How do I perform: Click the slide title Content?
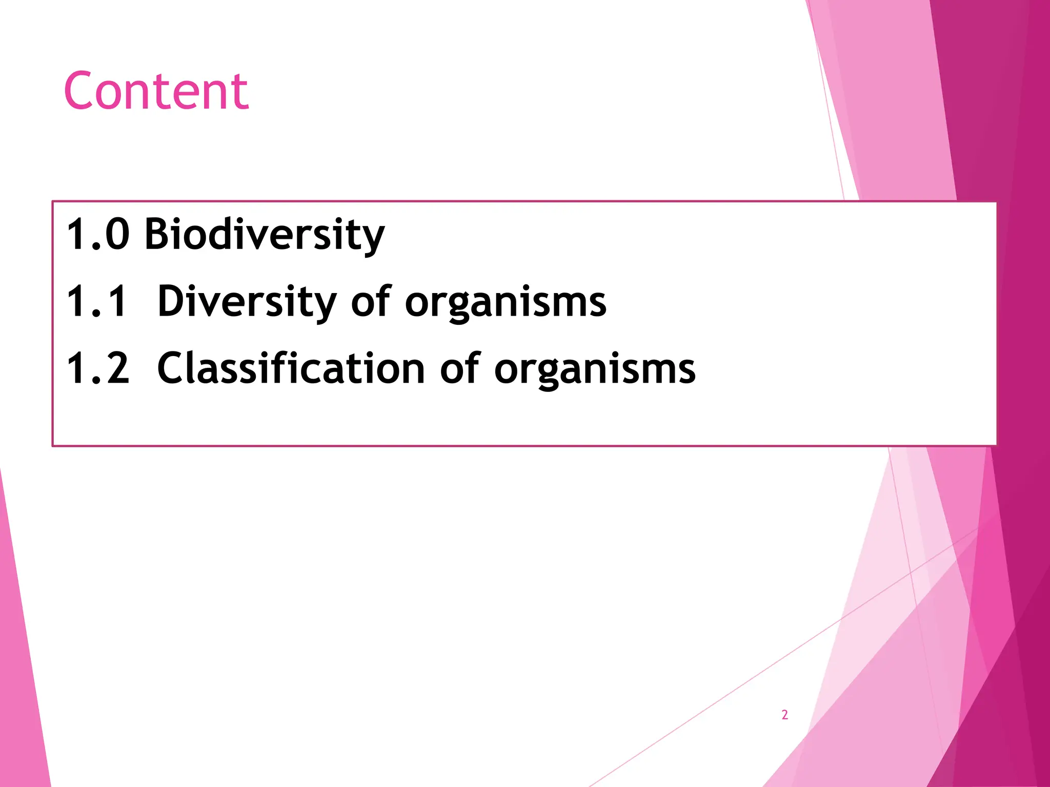point(156,91)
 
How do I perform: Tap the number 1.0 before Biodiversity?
point(97,234)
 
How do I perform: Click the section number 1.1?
point(96,301)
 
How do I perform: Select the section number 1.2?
point(97,368)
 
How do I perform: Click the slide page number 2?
point(784,715)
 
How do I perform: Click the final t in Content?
point(240,92)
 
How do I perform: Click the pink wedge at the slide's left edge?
point(21,666)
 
